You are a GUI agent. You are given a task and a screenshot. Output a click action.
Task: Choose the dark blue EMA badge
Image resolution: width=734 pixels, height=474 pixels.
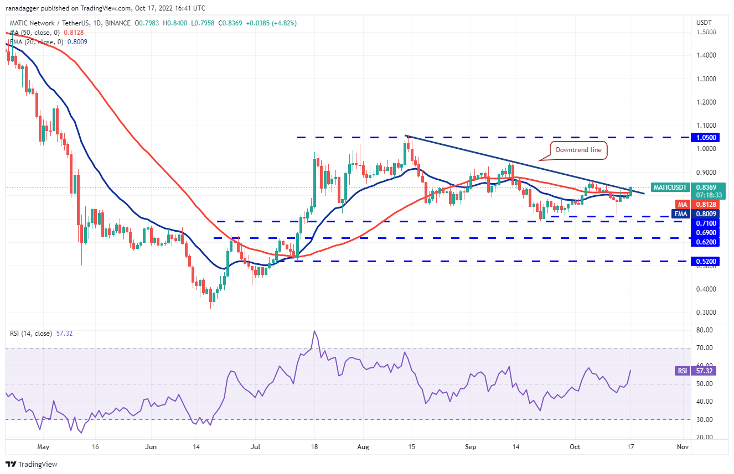680,213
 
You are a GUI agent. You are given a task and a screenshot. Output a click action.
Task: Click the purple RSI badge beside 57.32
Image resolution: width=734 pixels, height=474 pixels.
682,371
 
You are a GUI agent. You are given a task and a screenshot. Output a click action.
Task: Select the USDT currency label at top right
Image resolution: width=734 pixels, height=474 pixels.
703,23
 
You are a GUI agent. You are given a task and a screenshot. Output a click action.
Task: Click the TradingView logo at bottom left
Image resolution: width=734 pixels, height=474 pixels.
32,464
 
